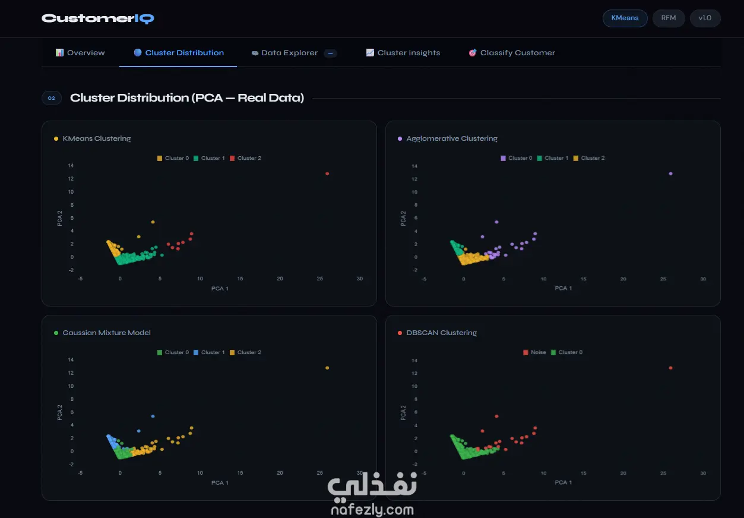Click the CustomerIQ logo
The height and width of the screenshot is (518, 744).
click(97, 18)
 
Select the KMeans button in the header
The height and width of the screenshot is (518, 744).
click(625, 18)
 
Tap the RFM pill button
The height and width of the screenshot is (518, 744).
click(668, 18)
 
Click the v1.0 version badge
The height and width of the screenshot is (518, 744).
click(705, 18)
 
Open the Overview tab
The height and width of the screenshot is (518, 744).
click(80, 52)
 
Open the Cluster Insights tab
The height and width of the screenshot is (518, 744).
click(403, 52)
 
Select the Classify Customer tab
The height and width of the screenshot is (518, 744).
click(512, 52)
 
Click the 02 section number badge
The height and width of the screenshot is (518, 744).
click(52, 98)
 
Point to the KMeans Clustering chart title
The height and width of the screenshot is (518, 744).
click(97, 138)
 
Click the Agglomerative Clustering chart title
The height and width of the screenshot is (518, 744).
click(452, 138)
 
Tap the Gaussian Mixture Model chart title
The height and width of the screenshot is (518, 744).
click(106, 333)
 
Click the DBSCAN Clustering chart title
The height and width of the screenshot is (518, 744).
click(441, 333)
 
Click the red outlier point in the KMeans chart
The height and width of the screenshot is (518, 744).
click(327, 173)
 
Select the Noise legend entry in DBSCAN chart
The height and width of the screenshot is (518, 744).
click(534, 352)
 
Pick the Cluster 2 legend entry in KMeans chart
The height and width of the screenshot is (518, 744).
click(245, 158)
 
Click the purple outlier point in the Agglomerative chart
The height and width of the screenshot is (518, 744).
click(670, 173)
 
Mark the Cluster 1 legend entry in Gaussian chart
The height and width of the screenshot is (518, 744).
click(209, 352)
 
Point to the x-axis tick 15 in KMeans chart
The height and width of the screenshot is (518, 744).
click(240, 279)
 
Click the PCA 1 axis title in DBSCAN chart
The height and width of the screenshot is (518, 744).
click(563, 482)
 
